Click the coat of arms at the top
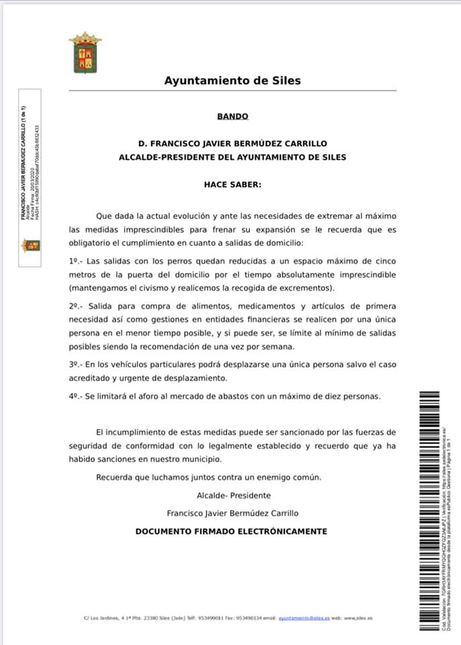click(85, 52)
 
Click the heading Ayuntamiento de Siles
click(233, 81)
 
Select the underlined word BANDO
click(233, 116)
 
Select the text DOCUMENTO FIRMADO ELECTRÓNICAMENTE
click(231, 531)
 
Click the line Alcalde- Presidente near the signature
click(233, 495)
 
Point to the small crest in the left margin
click(31, 245)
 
